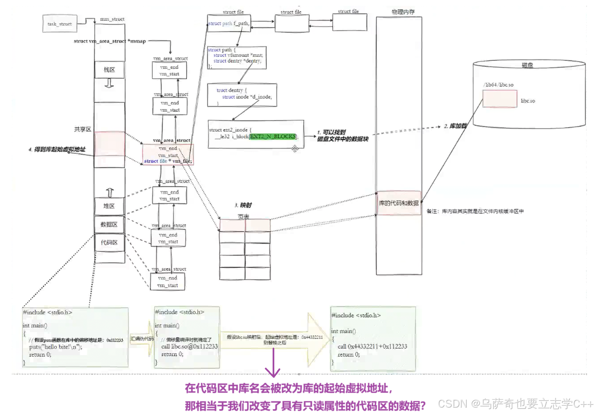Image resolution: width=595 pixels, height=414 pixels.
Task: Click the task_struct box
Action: tap(60, 24)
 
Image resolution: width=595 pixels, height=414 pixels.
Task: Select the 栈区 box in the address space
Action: tap(109, 70)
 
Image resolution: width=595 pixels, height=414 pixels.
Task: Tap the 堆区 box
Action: tap(109, 206)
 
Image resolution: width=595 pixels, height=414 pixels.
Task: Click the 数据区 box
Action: tap(109, 225)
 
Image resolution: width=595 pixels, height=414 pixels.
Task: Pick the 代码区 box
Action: tap(109, 243)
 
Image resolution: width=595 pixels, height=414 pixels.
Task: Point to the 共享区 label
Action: tap(82, 129)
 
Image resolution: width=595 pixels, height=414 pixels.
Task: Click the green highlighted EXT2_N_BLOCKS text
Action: tap(273, 137)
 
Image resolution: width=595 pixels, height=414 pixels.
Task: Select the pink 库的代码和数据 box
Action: tap(399, 203)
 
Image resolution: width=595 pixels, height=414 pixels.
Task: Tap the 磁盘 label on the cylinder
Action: tap(527, 65)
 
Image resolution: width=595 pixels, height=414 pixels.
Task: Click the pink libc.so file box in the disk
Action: tap(500, 99)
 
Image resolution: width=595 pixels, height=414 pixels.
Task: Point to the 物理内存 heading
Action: tap(403, 12)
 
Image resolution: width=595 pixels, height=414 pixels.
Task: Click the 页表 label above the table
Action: tap(243, 217)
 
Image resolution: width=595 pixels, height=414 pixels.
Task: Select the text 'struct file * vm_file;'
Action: tap(168, 161)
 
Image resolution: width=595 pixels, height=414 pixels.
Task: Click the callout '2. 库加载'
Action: tap(455, 126)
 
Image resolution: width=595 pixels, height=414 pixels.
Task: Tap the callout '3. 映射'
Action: tap(243, 205)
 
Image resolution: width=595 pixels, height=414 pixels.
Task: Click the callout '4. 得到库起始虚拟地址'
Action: tap(57, 149)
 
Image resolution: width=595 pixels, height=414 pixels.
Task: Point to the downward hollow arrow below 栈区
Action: tap(109, 83)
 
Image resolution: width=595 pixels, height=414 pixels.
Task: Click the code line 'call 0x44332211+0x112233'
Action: tap(372, 346)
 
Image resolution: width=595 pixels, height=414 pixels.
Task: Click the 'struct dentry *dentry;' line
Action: tap(237, 61)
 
